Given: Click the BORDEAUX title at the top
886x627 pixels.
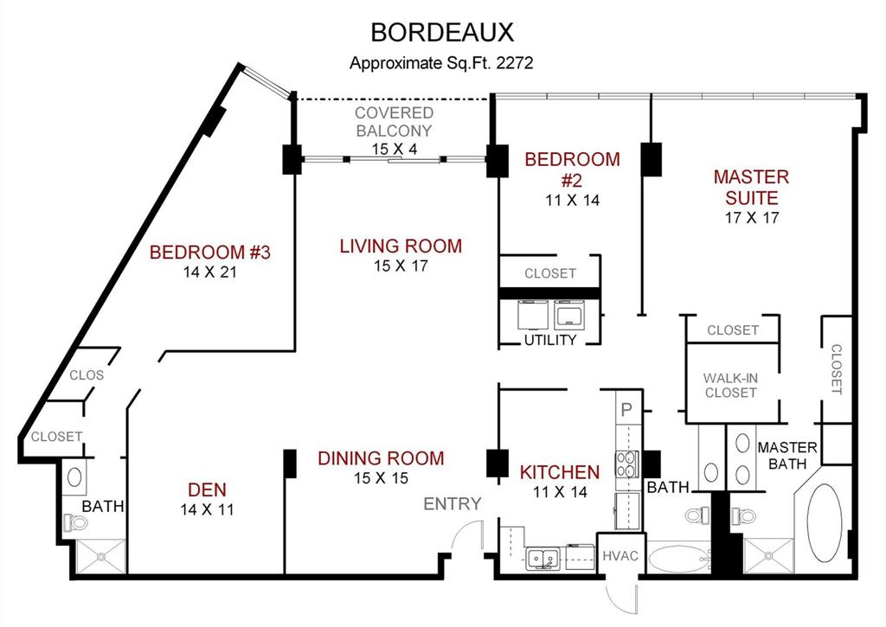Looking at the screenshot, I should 442,32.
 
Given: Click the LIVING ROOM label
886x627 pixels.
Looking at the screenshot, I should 401,246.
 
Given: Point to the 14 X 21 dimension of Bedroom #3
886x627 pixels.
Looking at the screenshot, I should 210,272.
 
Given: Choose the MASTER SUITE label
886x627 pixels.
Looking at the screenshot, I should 751,188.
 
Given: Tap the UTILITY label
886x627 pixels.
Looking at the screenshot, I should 549,340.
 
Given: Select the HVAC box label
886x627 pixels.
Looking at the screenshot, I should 620,555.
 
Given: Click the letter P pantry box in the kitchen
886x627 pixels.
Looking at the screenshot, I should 626,407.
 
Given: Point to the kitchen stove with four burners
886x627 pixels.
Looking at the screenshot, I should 626,464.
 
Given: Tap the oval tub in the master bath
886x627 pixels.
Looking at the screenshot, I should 825,523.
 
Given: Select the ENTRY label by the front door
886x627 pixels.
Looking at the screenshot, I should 452,503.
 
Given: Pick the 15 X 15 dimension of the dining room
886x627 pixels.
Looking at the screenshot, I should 380,477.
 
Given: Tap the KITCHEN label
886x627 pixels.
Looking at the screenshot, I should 559,472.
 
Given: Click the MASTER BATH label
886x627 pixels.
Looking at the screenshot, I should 786,455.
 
